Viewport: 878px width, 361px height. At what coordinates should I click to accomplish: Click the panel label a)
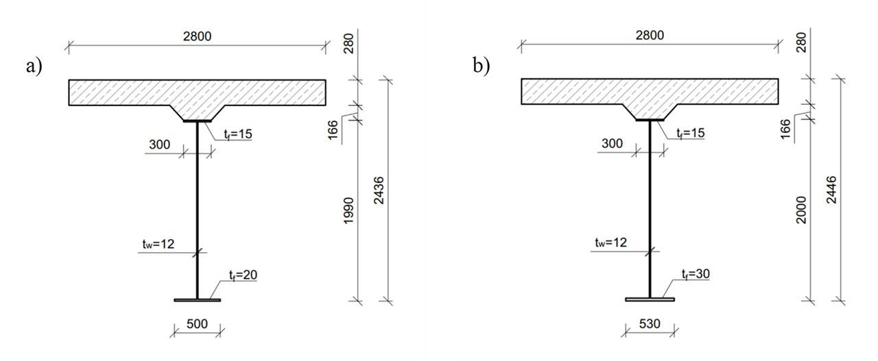pos(34,66)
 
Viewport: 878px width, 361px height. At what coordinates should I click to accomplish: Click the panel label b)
pos(482,66)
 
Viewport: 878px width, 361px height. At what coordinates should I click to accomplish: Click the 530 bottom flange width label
pos(650,323)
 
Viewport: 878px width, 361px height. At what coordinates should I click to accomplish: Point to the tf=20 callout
pos(243,275)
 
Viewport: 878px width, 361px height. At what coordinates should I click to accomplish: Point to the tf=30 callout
pos(695,274)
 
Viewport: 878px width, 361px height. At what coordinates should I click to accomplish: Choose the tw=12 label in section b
pos(610,242)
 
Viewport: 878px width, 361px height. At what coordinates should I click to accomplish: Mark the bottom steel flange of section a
pos(198,300)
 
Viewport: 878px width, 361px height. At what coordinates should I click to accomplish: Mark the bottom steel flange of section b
pos(650,299)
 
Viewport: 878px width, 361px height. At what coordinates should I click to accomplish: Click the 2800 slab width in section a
pos(197,37)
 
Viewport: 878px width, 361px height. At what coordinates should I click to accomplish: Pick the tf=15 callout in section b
pos(690,133)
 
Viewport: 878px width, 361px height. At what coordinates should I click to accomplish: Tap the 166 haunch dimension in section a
pos(333,128)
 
